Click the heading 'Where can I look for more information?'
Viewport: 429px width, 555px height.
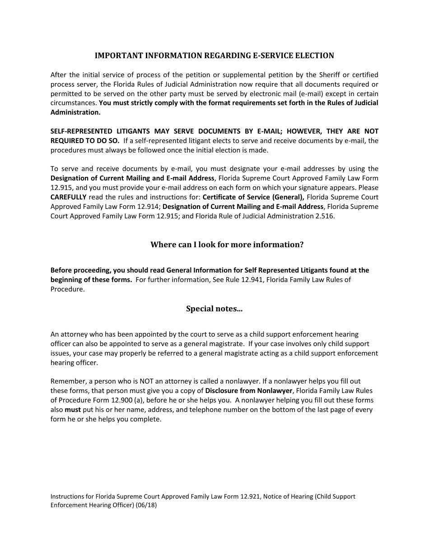pos(227,245)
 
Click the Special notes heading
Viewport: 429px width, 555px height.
pos(214,309)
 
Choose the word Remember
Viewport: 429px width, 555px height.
pos(66,381)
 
